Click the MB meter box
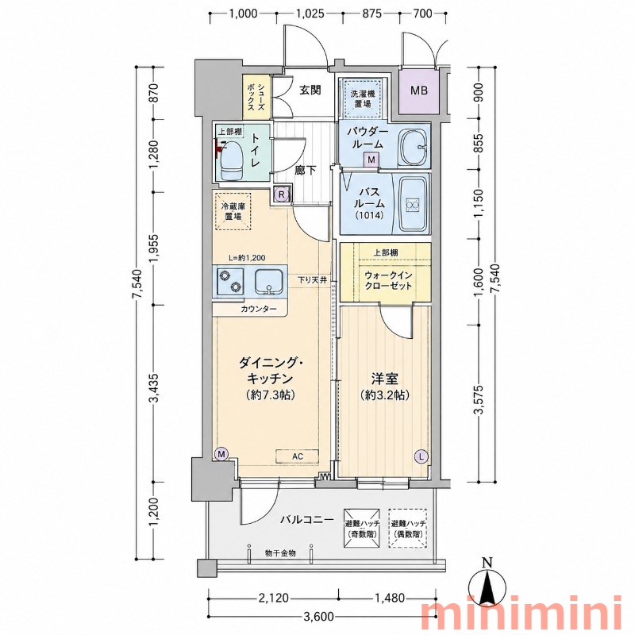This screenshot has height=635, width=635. pyautogui.click(x=419, y=90)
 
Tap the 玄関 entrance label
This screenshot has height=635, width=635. pyautogui.click(x=310, y=90)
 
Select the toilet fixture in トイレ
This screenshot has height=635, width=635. pyautogui.click(x=231, y=160)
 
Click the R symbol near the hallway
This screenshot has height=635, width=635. pyautogui.click(x=283, y=194)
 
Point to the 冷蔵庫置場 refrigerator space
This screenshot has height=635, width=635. pyautogui.click(x=233, y=211)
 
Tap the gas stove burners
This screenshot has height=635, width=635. pyautogui.click(x=230, y=281)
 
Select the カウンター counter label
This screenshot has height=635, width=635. pyautogui.click(x=259, y=310)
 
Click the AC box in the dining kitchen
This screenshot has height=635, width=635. pyautogui.click(x=298, y=456)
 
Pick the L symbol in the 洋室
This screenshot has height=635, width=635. pyautogui.click(x=421, y=456)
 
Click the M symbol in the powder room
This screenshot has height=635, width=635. pyautogui.click(x=371, y=160)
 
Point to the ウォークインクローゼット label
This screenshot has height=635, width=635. pyautogui.click(x=388, y=281)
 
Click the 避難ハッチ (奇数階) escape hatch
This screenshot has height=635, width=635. pyautogui.click(x=362, y=528)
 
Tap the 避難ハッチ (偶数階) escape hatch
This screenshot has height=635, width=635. pyautogui.click(x=407, y=528)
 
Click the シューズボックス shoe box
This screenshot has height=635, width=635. pyautogui.click(x=256, y=97)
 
